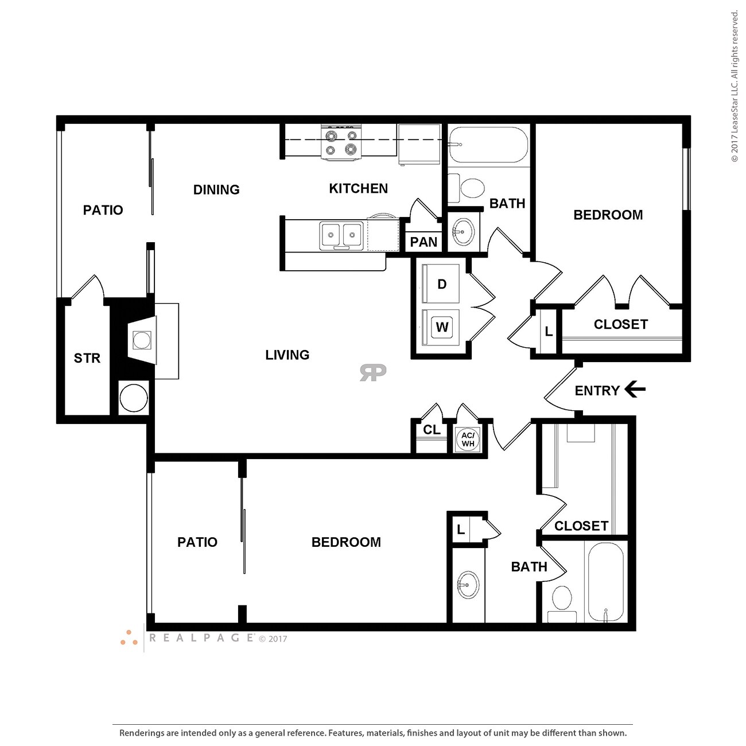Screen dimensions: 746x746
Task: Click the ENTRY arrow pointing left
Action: (x=634, y=390)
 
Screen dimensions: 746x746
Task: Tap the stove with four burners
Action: (x=341, y=143)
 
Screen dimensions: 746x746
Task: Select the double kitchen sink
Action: (x=341, y=235)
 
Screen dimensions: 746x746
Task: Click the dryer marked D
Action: (x=441, y=283)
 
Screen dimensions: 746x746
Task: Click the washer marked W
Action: (x=441, y=327)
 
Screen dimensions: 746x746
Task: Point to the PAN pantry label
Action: (x=423, y=242)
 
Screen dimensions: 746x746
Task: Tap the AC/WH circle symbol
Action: (x=468, y=440)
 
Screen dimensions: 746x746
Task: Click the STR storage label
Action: (x=87, y=358)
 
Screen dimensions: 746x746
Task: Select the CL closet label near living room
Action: (x=432, y=430)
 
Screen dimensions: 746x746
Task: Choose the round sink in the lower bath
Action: (x=468, y=585)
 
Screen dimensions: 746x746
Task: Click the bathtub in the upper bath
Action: (x=488, y=145)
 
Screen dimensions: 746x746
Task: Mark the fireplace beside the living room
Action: (x=142, y=340)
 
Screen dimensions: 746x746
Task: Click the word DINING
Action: (x=216, y=190)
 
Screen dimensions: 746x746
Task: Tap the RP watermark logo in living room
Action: (x=373, y=372)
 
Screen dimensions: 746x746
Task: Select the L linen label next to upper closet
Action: (x=549, y=332)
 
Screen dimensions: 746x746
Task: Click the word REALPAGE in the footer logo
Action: (x=201, y=638)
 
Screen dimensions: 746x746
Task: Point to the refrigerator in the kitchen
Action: (x=419, y=144)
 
